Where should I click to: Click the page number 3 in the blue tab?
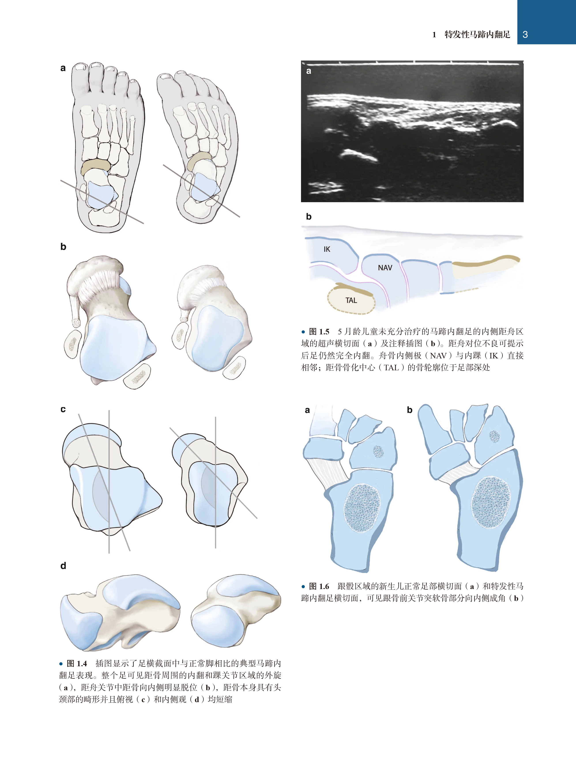[x=525, y=34]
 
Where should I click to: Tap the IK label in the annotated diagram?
[x=327, y=249]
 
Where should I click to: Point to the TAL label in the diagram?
[x=351, y=300]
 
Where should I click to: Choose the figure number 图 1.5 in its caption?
[x=319, y=331]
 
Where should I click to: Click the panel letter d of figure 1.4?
[x=63, y=565]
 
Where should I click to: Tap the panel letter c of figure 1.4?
[x=63, y=409]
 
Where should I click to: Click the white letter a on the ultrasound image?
[x=309, y=71]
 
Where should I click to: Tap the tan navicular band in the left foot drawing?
[x=96, y=165]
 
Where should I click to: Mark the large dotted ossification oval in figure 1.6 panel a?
[x=362, y=508]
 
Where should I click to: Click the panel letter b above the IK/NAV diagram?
[x=309, y=217]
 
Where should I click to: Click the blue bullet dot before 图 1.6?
[x=303, y=587]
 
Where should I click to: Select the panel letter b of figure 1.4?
[x=63, y=247]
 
